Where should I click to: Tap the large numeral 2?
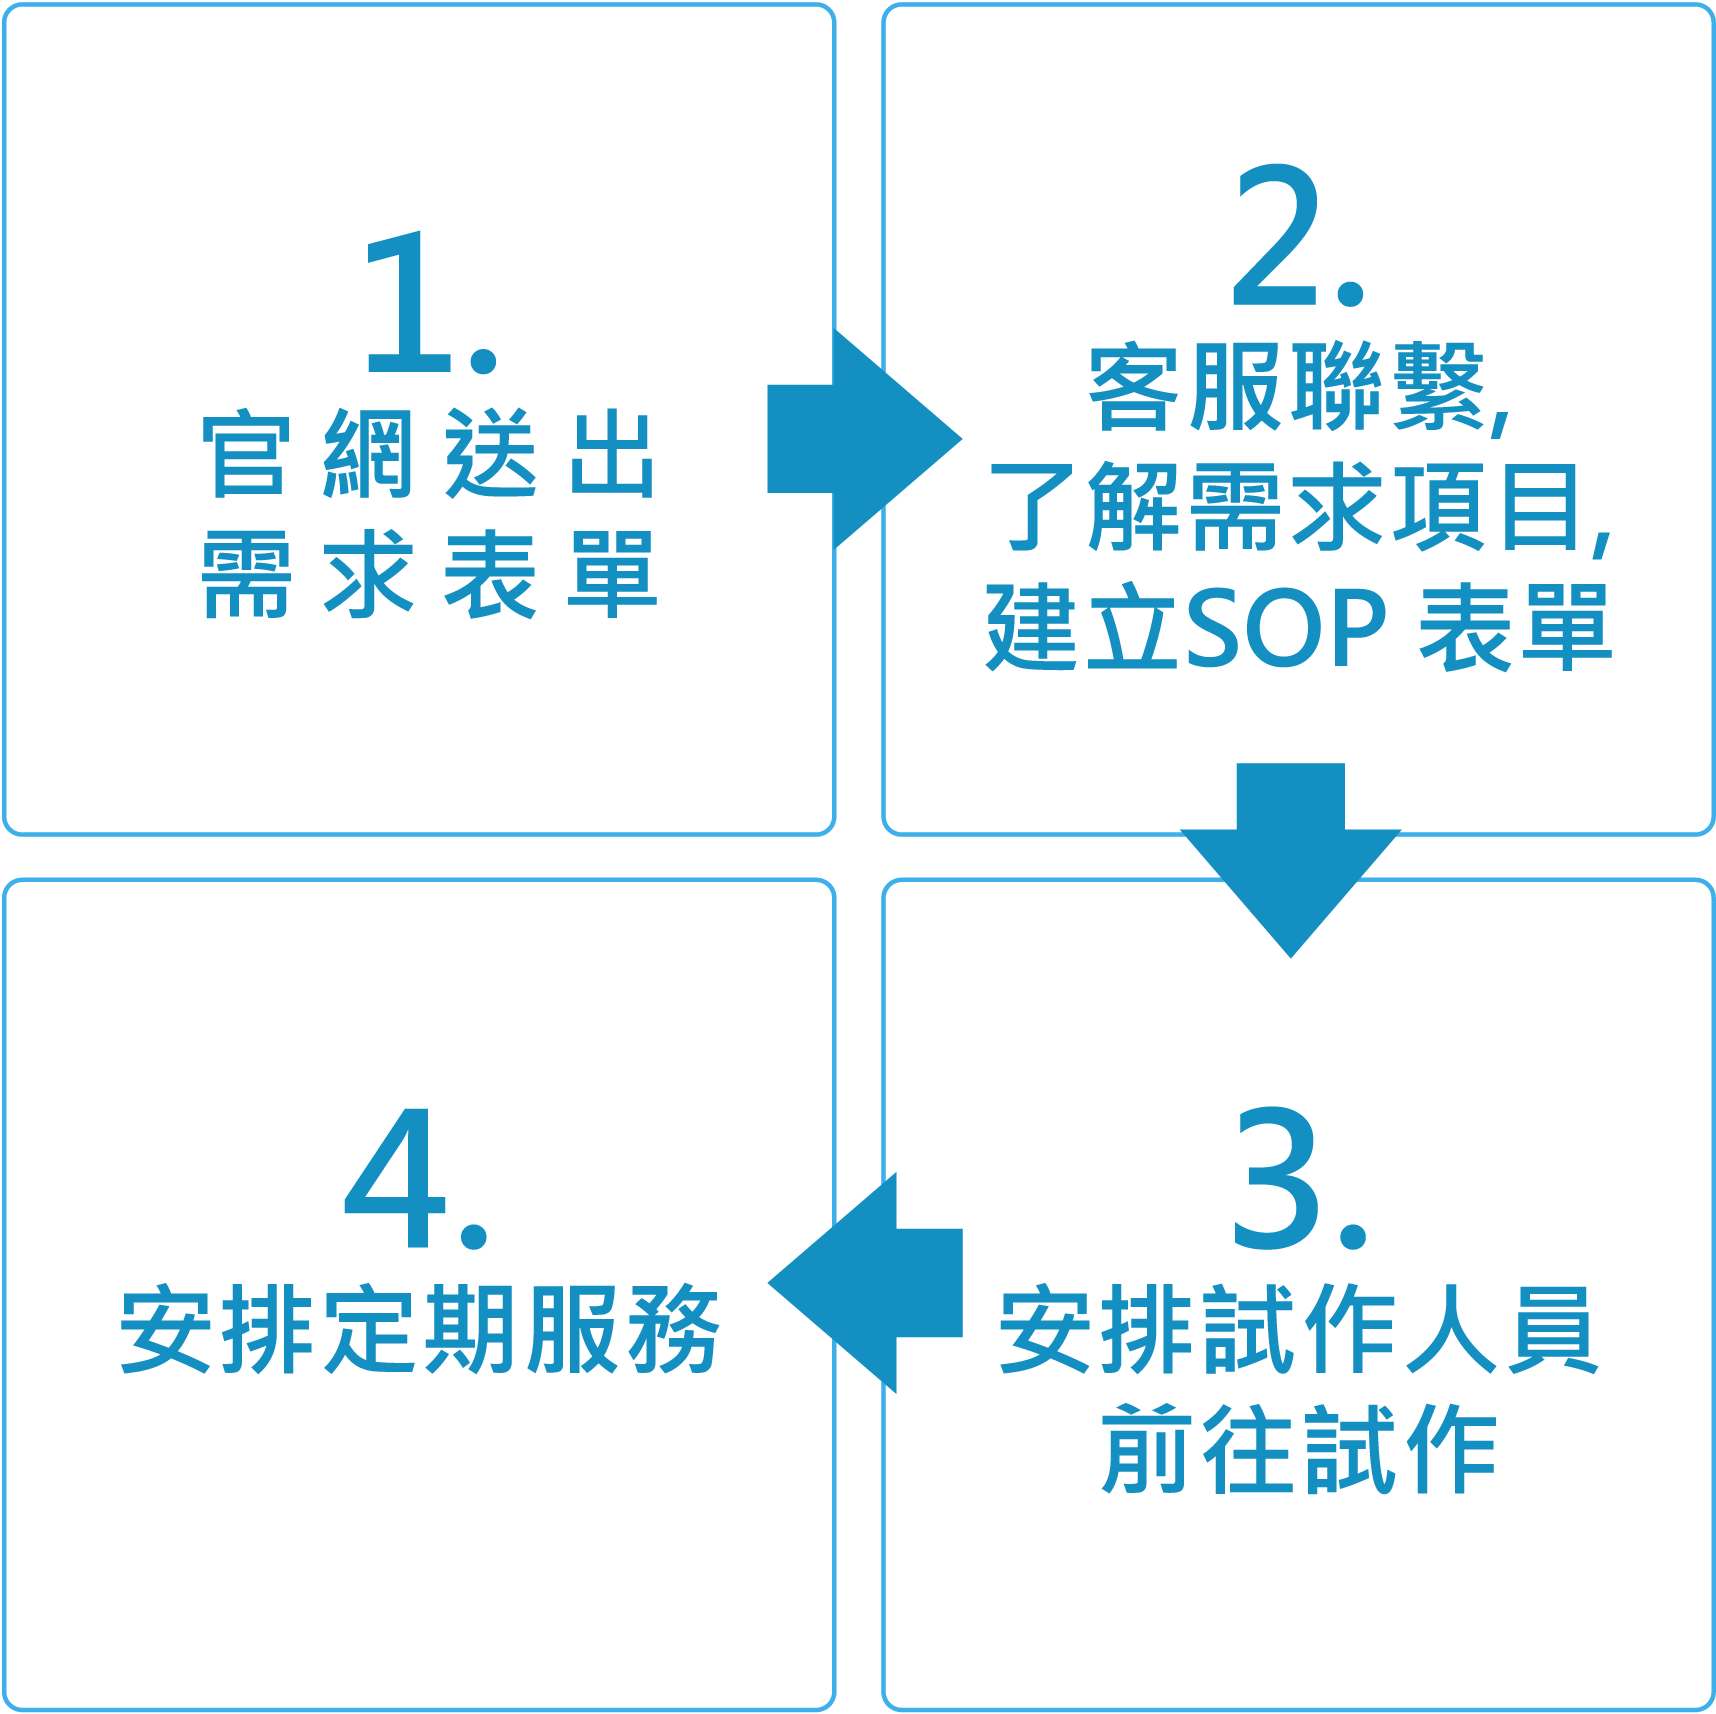(x=1276, y=236)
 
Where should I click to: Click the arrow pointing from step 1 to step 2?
(x=860, y=439)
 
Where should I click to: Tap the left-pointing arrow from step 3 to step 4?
(x=866, y=1283)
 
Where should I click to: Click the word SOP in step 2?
(x=1286, y=628)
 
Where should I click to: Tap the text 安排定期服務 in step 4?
(x=420, y=1330)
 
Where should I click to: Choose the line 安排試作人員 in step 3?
(x=1298, y=1330)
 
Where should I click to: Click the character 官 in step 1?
(x=246, y=455)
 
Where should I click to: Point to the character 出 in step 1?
(x=612, y=455)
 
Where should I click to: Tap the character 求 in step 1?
(x=368, y=575)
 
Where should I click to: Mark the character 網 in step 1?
(x=368, y=455)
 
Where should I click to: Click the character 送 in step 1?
(x=490, y=455)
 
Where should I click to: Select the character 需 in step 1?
(x=246, y=575)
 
